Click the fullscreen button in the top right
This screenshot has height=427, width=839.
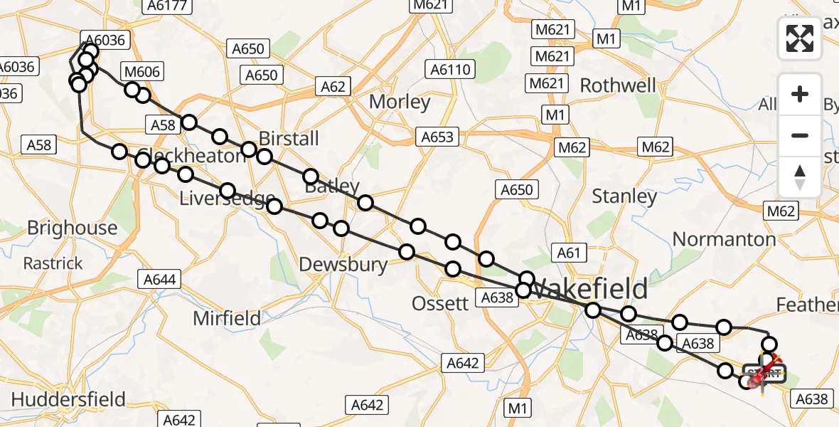800,38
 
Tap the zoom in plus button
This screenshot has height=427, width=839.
800,94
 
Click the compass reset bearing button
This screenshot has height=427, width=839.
800,176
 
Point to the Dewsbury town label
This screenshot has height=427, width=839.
343,265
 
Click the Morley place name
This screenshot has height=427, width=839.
400,102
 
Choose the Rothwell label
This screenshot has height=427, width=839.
618,85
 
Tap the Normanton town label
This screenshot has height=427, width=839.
724,239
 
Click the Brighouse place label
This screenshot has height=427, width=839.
72,228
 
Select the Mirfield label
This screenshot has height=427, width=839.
227,318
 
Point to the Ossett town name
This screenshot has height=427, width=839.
441,303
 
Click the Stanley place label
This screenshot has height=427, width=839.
624,196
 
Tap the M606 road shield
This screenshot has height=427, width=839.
142,71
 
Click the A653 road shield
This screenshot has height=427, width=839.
437,137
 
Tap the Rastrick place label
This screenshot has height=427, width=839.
53,263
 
